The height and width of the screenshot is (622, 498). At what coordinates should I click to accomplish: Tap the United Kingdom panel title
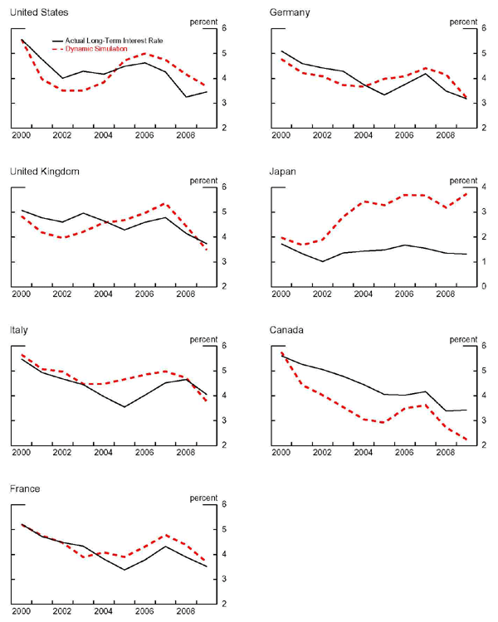[x=45, y=172]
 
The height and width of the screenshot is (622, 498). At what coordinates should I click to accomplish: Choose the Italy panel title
[x=20, y=330]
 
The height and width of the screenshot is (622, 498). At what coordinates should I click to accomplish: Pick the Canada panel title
[x=287, y=330]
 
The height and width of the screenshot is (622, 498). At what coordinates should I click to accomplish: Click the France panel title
[x=26, y=488]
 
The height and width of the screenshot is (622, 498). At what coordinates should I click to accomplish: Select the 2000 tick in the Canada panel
[x=281, y=452]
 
